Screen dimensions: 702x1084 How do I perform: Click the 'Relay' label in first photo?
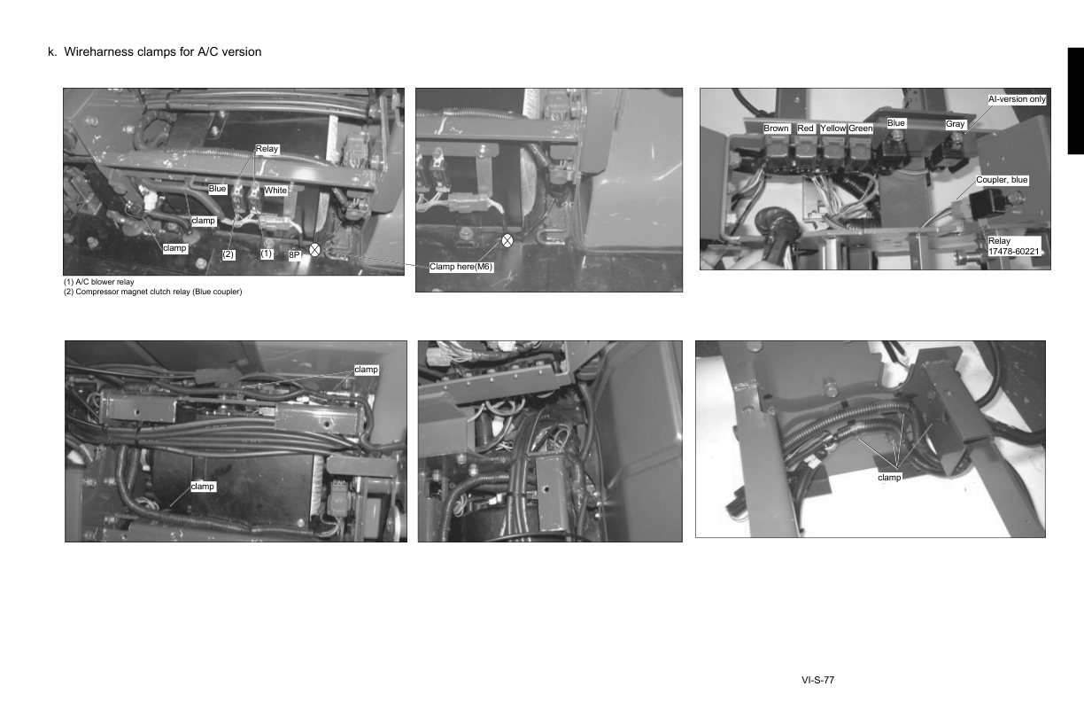point(267,149)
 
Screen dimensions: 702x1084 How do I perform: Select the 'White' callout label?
point(275,191)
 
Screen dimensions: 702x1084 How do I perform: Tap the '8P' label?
point(295,255)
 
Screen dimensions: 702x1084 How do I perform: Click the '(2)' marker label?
point(228,254)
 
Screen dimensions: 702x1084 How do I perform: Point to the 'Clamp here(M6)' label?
point(461,267)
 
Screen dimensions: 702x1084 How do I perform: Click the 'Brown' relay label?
point(776,129)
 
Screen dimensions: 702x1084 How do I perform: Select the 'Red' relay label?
point(805,129)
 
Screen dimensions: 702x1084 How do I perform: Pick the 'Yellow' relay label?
point(833,129)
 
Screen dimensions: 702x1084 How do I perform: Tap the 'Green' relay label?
point(861,129)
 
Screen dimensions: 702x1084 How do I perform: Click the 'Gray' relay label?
point(955,124)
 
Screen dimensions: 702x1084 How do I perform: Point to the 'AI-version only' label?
point(1018,99)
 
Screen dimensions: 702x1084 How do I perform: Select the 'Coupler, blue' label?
point(1002,180)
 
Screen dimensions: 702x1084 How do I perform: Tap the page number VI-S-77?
point(817,681)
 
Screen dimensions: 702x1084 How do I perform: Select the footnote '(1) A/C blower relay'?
point(98,282)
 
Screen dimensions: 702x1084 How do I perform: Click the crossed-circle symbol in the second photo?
point(507,240)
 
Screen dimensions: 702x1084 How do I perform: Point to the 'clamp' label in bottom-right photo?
point(889,477)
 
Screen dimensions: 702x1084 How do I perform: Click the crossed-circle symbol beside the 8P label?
point(314,251)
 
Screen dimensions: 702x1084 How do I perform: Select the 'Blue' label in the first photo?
point(218,189)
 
